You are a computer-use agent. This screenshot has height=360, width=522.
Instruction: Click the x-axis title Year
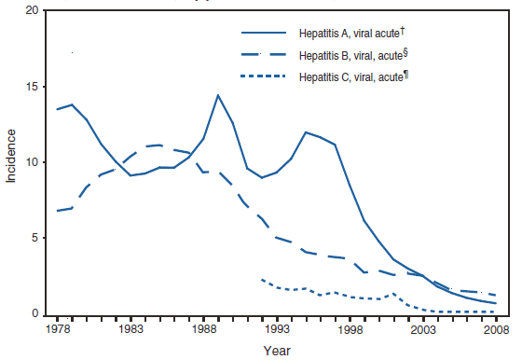coord(275,351)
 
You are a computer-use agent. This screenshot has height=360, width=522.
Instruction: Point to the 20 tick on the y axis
coord(33,10)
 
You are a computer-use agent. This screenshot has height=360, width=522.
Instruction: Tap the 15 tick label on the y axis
coord(33,87)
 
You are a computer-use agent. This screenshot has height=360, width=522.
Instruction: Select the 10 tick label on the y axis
coord(33,163)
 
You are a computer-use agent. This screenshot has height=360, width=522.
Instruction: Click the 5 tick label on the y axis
coord(35,239)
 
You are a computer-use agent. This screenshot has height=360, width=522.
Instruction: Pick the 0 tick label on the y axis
coord(35,315)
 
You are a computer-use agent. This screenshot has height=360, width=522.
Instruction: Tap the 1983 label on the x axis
coord(130,329)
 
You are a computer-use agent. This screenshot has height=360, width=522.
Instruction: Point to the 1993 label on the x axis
coord(276,329)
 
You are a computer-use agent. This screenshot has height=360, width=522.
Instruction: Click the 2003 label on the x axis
coord(422,329)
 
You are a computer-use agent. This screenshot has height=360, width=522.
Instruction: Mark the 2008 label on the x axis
coord(495,329)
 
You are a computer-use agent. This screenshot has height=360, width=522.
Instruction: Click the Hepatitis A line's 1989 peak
coord(217,95)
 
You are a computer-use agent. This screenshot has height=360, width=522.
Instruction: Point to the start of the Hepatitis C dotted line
coord(261,279)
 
